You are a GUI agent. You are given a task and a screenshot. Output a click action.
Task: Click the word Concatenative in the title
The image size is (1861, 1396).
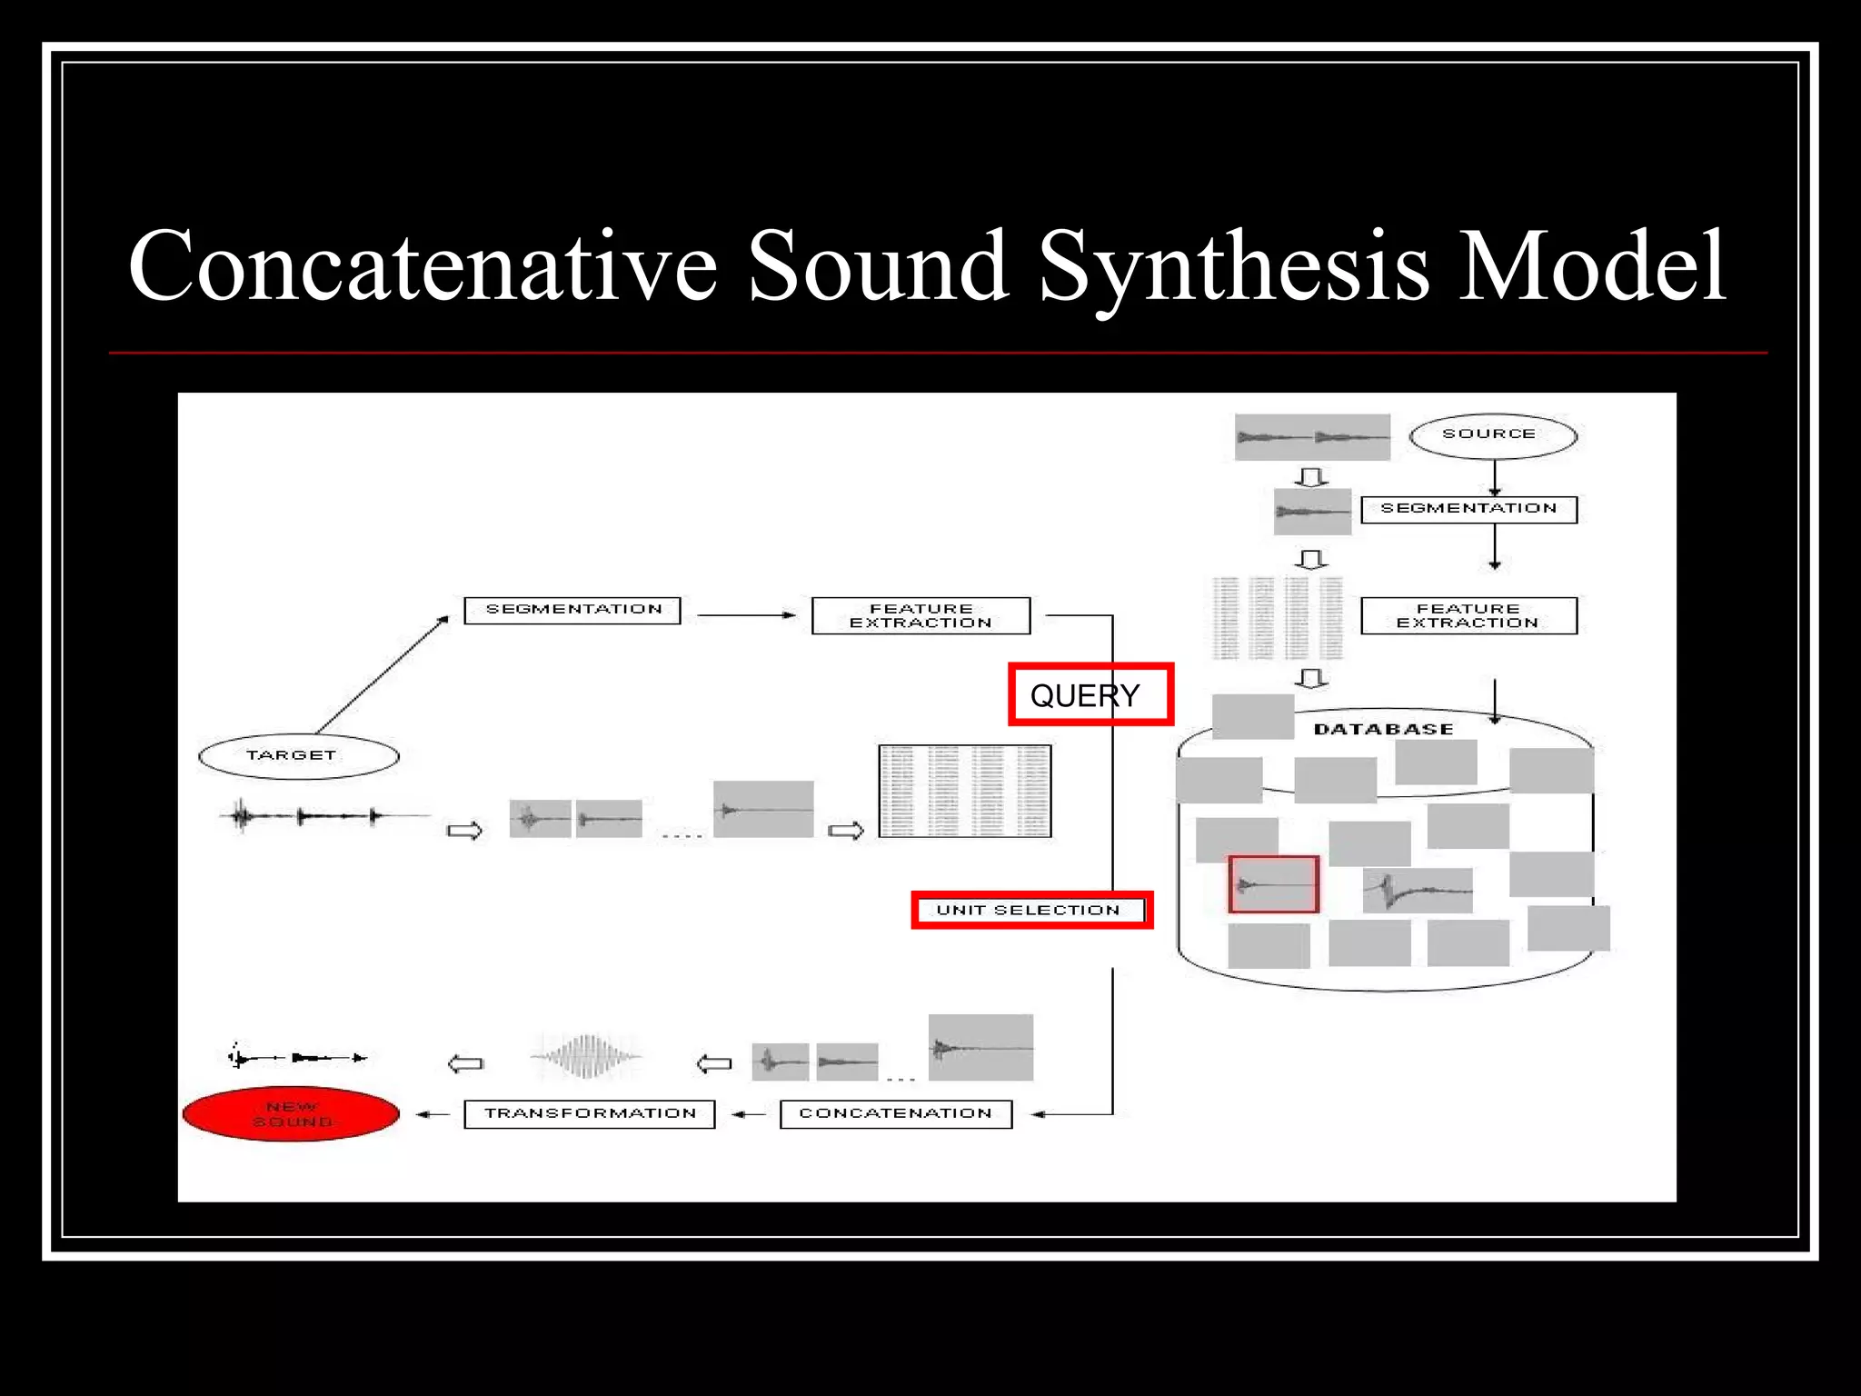(423, 265)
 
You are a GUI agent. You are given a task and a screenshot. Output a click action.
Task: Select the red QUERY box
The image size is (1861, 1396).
(1090, 694)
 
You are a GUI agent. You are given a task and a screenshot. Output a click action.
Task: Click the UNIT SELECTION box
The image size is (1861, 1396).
(1031, 910)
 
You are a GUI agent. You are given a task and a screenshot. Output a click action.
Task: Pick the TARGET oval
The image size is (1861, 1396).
(298, 755)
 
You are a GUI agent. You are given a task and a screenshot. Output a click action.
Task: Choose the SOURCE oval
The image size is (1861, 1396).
(1492, 435)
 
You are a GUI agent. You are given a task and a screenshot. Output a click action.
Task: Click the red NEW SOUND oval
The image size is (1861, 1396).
(291, 1113)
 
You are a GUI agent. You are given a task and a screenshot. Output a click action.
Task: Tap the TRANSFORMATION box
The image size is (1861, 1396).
(589, 1113)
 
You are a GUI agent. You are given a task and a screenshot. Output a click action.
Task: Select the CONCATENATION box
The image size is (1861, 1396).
(895, 1113)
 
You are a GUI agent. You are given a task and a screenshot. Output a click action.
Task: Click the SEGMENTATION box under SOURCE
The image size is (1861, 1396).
(1468, 509)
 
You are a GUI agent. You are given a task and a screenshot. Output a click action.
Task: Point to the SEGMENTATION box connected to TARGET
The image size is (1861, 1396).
(572, 610)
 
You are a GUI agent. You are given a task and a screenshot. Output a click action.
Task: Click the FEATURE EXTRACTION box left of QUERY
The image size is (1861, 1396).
(921, 615)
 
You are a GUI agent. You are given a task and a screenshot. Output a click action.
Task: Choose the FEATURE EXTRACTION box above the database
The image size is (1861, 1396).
(1468, 615)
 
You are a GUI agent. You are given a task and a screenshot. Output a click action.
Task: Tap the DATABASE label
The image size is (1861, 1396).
(1383, 729)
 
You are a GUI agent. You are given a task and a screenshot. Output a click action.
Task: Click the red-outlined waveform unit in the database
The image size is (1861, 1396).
(1273, 883)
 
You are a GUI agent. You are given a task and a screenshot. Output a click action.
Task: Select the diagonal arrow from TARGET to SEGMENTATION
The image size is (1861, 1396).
(382, 674)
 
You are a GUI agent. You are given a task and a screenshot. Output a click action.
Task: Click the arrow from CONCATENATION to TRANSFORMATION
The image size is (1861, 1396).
(748, 1113)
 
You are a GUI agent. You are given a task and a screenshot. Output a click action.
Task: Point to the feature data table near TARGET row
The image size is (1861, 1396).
(964, 791)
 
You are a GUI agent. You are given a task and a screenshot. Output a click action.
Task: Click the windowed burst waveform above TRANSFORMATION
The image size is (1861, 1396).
(587, 1056)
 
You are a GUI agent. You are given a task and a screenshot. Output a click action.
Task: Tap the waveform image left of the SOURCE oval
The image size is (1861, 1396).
(1311, 437)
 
